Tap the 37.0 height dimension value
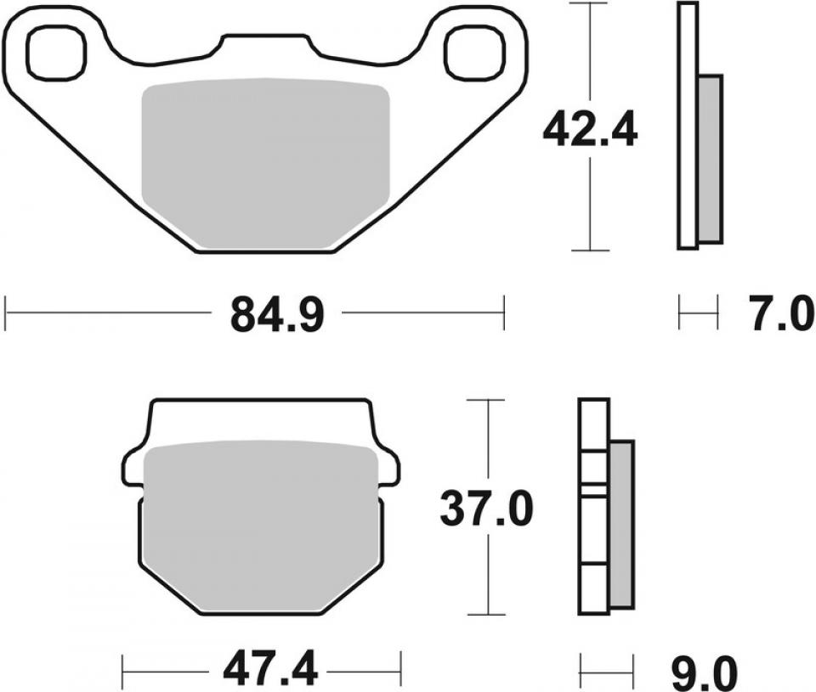(x=487, y=509)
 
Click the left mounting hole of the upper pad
(x=57, y=50)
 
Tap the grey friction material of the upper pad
(x=264, y=161)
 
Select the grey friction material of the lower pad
(x=260, y=526)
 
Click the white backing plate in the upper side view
(x=688, y=127)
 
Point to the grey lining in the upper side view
(x=710, y=157)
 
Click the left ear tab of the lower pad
(x=134, y=468)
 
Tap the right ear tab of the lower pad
(x=388, y=468)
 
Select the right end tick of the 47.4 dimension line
(x=400, y=671)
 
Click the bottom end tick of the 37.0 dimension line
(x=487, y=614)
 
